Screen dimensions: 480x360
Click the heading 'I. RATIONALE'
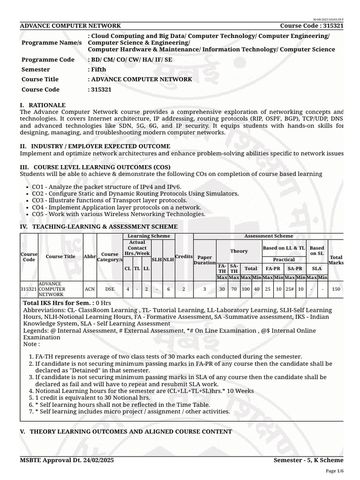tap(43, 105)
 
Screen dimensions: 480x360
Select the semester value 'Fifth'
tap(98, 69)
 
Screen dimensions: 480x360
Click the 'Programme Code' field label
tap(48, 60)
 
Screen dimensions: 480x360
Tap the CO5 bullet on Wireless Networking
tap(119, 214)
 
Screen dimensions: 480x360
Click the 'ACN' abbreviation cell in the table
tap(90, 289)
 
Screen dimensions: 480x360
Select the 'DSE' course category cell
tap(110, 289)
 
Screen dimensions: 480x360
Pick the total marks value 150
tap(336, 289)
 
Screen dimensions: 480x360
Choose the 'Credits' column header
tap(184, 256)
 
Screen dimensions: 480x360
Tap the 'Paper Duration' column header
tap(204, 260)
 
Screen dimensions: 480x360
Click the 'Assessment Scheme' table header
tap(269, 236)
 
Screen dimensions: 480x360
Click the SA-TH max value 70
tap(233, 289)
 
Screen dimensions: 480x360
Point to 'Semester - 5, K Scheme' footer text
tap(308, 460)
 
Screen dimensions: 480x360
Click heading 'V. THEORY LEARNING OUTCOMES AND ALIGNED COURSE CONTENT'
tap(126, 431)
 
